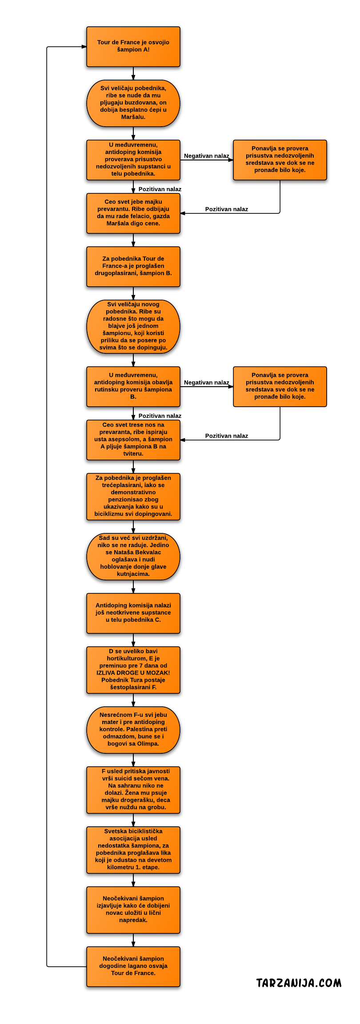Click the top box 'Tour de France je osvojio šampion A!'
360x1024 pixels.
tap(133, 47)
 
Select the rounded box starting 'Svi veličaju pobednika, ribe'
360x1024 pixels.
tap(133, 103)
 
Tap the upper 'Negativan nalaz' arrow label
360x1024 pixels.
tap(207, 156)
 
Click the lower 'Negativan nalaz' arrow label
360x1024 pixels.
tap(207, 383)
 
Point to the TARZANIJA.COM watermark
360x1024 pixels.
tap(299, 983)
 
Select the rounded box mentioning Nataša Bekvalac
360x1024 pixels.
tap(133, 556)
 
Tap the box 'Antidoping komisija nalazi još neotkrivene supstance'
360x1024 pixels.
tap(133, 613)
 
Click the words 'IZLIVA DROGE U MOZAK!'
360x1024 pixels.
tap(133, 673)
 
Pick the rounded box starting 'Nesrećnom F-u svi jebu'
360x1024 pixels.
tap(133, 730)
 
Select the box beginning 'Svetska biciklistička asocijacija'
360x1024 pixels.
tap(133, 850)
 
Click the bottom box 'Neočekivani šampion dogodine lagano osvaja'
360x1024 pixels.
tap(133, 967)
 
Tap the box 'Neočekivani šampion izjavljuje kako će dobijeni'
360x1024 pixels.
tap(133, 910)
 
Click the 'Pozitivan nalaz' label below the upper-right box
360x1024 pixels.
tap(227, 209)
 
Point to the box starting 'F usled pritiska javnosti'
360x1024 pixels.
tap(133, 790)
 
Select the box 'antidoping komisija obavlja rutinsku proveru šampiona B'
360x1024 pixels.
tap(133, 387)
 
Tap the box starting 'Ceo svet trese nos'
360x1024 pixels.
tap(133, 440)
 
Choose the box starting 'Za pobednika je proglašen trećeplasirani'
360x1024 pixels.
tap(133, 496)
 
